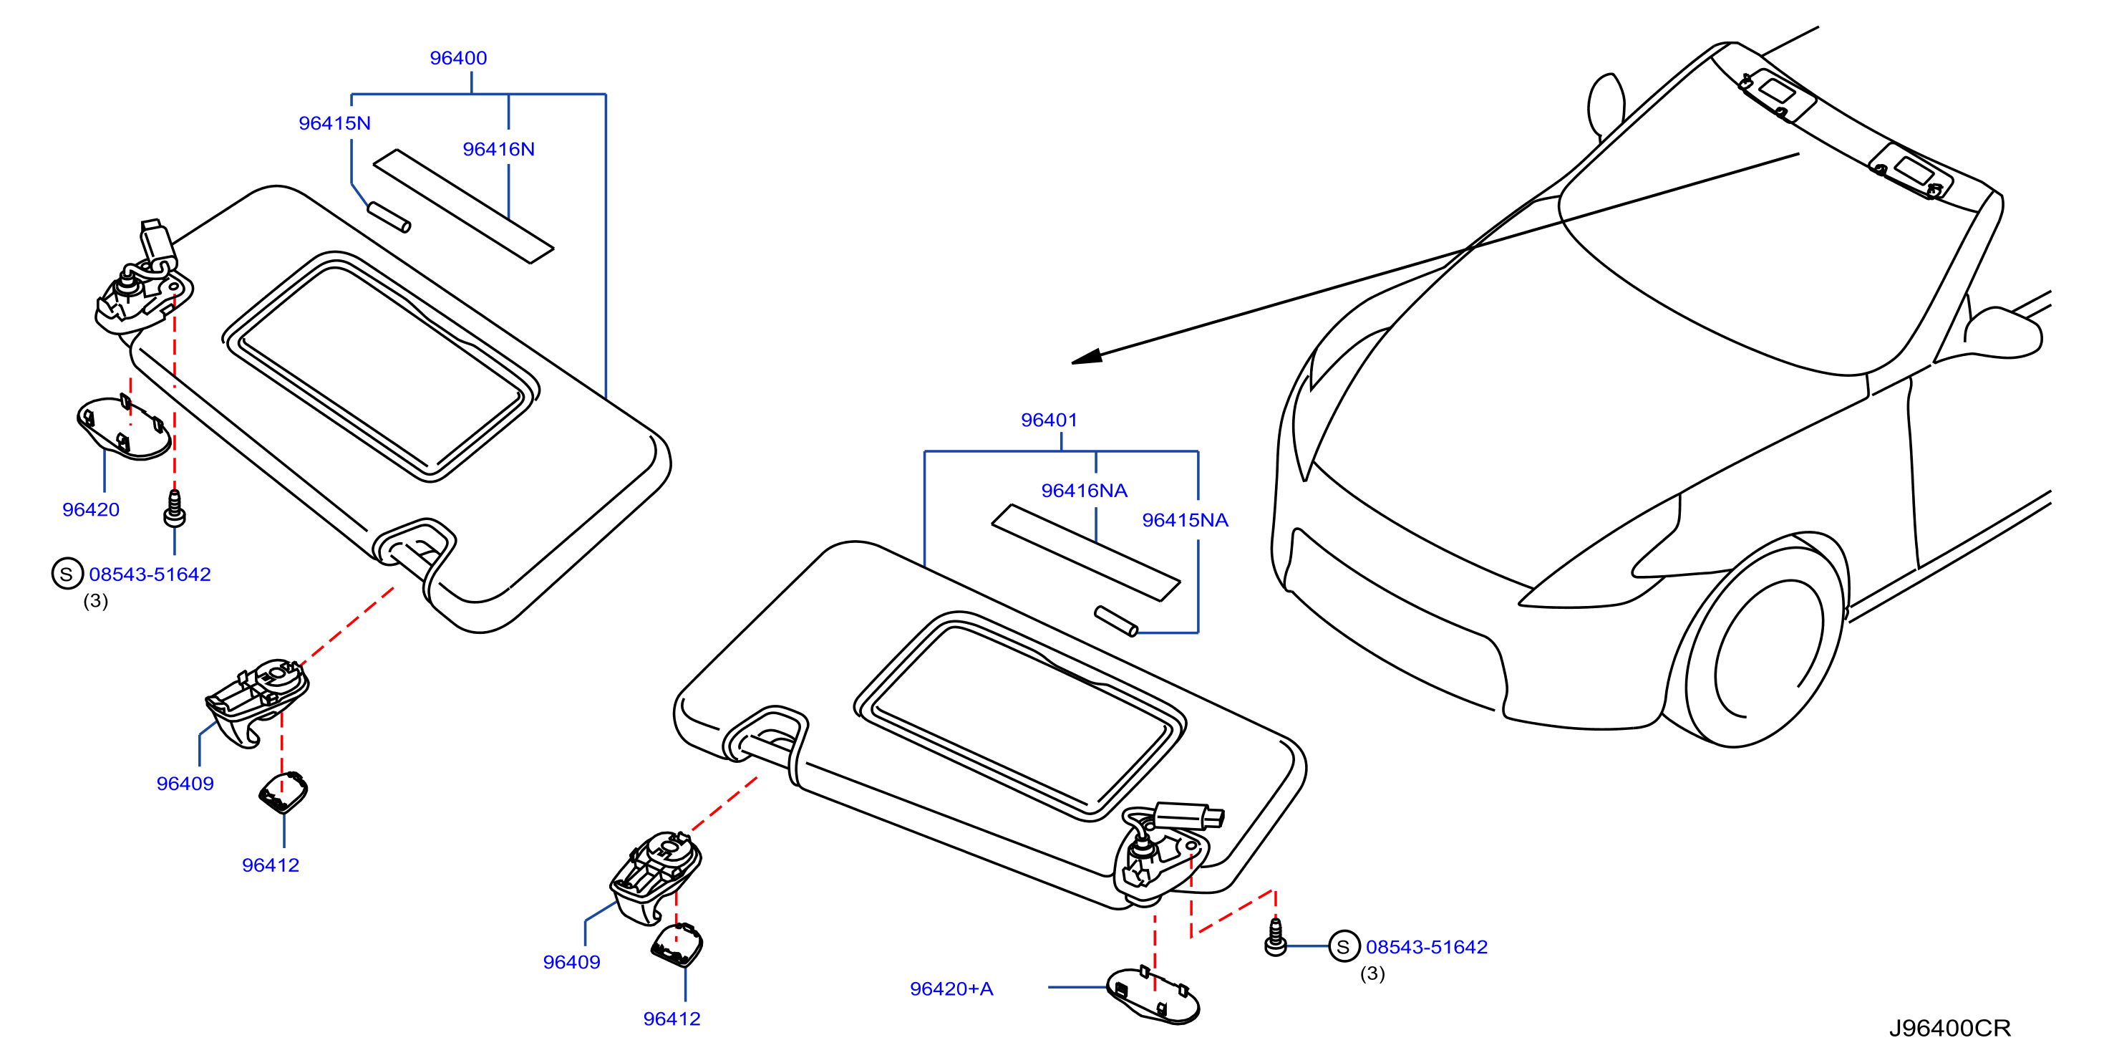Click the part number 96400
(x=458, y=58)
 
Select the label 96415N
(x=335, y=123)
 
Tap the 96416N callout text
(x=499, y=150)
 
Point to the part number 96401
(x=1049, y=420)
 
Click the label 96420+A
(x=951, y=989)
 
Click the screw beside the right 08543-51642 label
(x=1276, y=937)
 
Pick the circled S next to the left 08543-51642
(x=67, y=574)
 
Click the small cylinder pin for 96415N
(x=389, y=217)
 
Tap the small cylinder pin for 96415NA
(x=1115, y=621)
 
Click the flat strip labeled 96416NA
(x=1086, y=553)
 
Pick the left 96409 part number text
(x=185, y=784)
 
